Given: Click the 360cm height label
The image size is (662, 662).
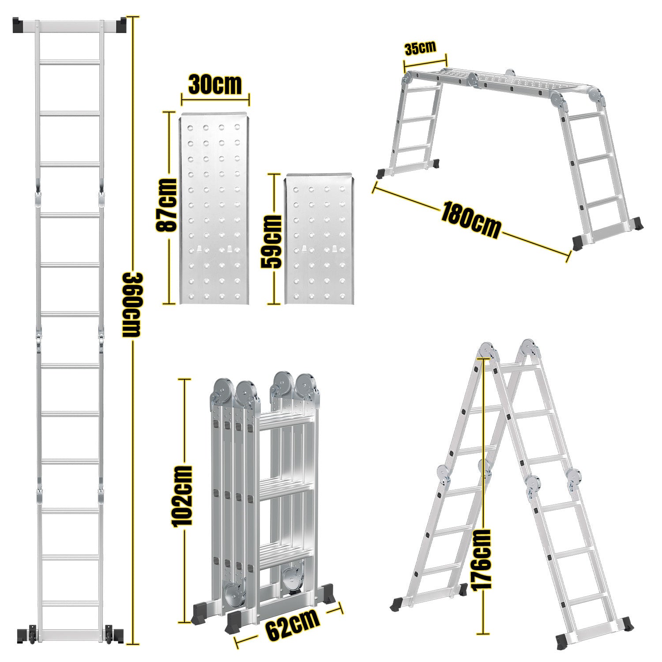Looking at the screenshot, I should point(131,305).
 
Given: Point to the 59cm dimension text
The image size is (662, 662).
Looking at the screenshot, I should point(271,241).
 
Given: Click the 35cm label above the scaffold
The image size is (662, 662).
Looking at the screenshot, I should point(420,48).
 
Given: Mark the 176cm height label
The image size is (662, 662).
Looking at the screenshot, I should point(481,559).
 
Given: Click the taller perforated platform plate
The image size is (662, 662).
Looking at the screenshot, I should point(214,210).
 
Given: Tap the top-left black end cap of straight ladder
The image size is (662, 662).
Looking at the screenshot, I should point(20,25).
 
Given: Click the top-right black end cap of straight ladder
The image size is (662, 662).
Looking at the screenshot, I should point(120,25).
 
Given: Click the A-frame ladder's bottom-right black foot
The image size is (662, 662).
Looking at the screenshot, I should point(628,624).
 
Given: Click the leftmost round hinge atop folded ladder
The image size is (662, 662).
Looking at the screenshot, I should point(223,390).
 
